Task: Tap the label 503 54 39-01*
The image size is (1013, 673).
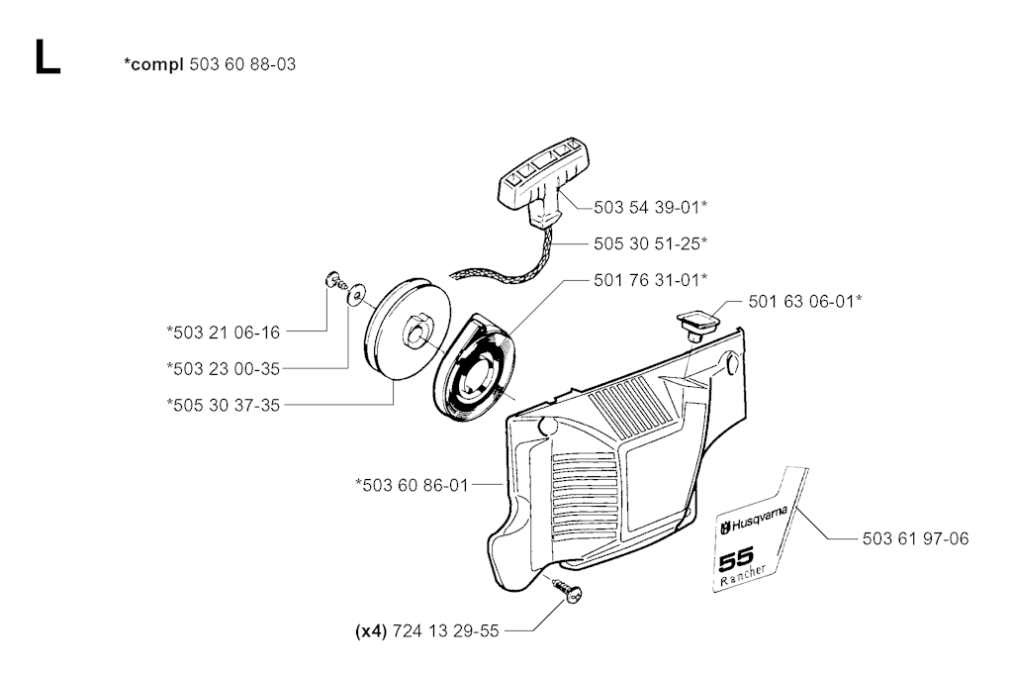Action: click(x=651, y=207)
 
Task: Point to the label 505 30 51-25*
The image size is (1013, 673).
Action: click(x=651, y=242)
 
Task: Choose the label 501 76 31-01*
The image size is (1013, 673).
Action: click(x=651, y=279)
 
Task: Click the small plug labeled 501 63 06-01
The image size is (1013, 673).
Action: click(x=696, y=323)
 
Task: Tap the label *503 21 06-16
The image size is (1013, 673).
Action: click(x=224, y=333)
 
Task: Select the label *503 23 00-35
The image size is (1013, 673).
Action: click(x=224, y=369)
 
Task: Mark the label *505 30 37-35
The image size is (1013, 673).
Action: click(x=224, y=405)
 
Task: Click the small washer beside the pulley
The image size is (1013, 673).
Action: click(x=355, y=294)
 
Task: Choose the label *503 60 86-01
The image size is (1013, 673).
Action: click(x=413, y=484)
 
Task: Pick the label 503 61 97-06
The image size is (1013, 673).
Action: click(x=915, y=538)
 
